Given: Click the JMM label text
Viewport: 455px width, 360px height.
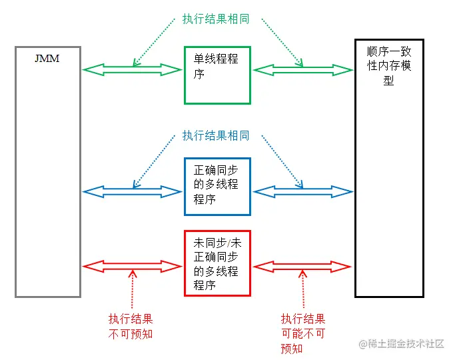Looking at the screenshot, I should pyautogui.click(x=47, y=59).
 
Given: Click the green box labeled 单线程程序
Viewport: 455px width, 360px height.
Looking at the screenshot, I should pyautogui.click(x=217, y=75).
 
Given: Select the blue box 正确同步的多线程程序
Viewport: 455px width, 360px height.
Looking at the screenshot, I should pyautogui.click(x=217, y=186).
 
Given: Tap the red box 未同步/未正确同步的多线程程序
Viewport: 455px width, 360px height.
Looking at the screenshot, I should pyautogui.click(x=217, y=263).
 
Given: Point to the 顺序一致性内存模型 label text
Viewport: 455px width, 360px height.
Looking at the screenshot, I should pyautogui.click(x=389, y=65).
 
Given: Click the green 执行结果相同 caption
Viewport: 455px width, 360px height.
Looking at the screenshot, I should pyautogui.click(x=216, y=19).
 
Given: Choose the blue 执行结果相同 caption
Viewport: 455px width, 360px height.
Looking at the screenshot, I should pyautogui.click(x=216, y=136).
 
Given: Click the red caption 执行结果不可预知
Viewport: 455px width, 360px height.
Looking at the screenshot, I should pyautogui.click(x=131, y=326).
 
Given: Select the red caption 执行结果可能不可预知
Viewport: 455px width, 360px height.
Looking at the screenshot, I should pyautogui.click(x=303, y=333).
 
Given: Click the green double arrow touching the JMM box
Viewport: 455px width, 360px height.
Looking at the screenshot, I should pyautogui.click(x=132, y=69).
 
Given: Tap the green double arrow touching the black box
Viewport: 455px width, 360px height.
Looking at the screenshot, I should pyautogui.click(x=302, y=69).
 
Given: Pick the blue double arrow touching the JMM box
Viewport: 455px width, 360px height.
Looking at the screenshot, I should pyautogui.click(x=132, y=192).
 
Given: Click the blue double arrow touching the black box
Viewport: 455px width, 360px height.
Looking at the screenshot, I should pyautogui.click(x=302, y=192).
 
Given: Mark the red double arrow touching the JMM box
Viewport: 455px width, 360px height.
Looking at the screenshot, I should pyautogui.click(x=132, y=266).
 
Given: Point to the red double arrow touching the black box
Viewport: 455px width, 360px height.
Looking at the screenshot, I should pyautogui.click(x=302, y=266).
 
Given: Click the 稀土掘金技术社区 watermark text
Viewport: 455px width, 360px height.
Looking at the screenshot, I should pyautogui.click(x=406, y=344).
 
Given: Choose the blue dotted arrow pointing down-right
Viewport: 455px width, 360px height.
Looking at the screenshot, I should pyautogui.click(x=280, y=160).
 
